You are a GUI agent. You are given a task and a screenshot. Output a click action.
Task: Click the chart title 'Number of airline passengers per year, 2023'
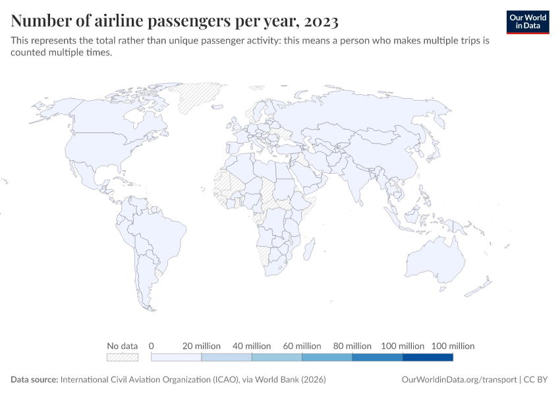[x=175, y=22]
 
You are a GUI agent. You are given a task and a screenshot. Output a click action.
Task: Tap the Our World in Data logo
[x=528, y=22]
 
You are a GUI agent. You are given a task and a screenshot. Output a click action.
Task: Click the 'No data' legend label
[x=123, y=346]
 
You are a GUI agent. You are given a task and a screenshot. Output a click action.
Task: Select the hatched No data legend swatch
[x=123, y=357]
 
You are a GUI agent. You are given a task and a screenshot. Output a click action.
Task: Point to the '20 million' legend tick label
[x=201, y=346]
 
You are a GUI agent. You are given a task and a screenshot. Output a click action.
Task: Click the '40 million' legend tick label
[x=252, y=346]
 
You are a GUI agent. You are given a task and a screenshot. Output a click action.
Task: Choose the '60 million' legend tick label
[x=302, y=346]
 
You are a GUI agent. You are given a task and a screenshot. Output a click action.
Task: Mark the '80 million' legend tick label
[x=352, y=346]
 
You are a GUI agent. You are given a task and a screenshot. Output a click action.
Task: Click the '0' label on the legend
[x=152, y=346]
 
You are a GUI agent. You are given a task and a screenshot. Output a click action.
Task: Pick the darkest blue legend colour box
[x=428, y=357]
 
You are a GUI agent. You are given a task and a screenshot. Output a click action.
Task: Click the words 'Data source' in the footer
[x=34, y=380]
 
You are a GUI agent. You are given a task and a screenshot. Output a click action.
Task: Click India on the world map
[x=359, y=181]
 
